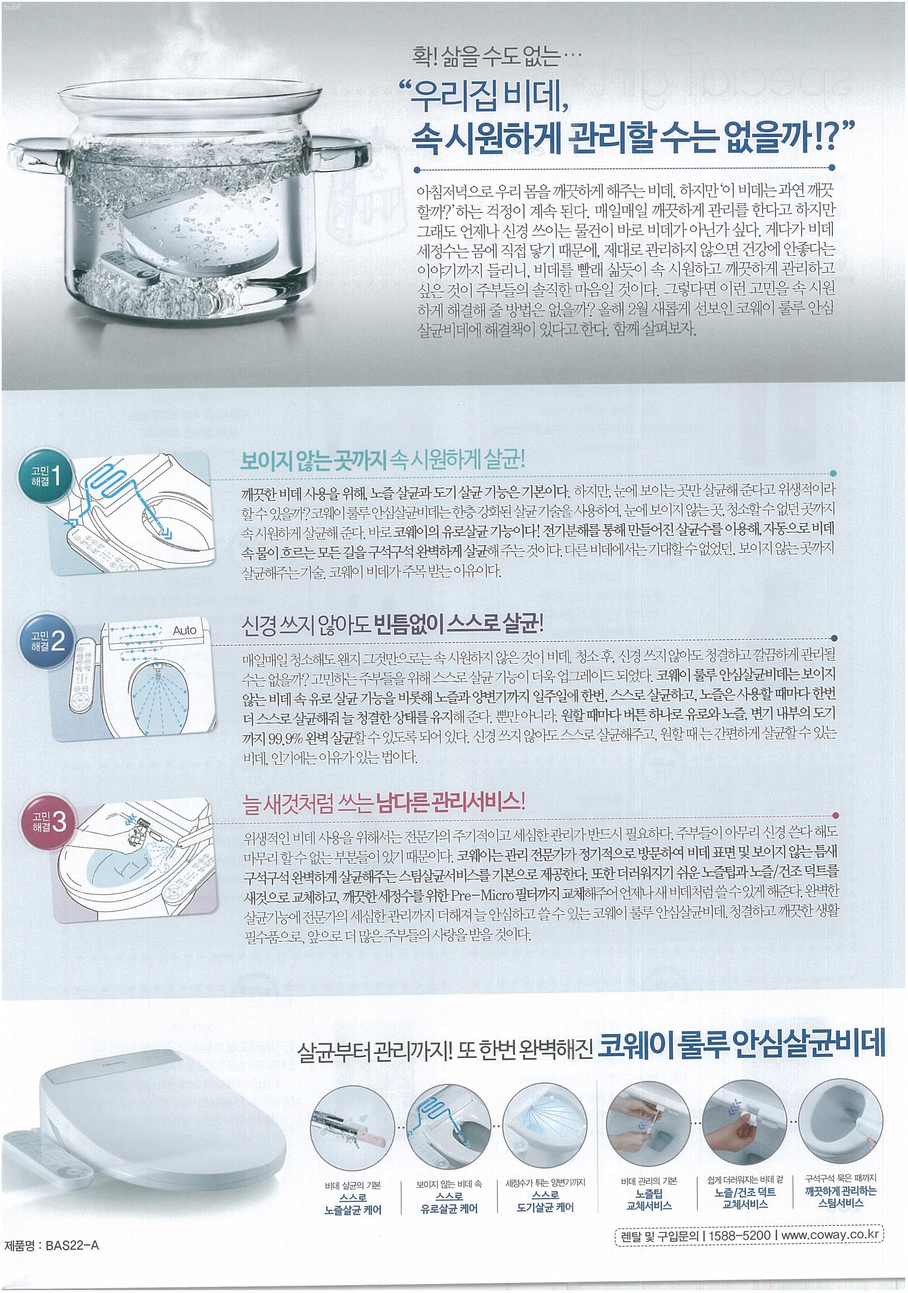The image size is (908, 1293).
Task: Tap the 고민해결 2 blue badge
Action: (48, 640)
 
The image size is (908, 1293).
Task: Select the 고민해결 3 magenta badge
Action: (48, 822)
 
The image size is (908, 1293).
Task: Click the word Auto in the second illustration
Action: (184, 631)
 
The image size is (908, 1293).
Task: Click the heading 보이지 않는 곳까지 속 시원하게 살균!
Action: (383, 460)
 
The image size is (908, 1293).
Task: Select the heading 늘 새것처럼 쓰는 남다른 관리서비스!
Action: (383, 802)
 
